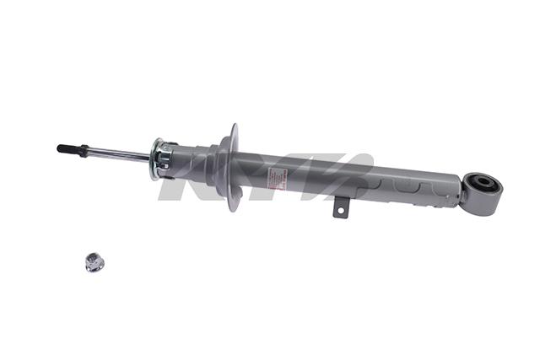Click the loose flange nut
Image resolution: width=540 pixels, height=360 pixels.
[x=93, y=263]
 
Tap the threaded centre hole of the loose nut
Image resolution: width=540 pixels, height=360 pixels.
[x=93, y=261]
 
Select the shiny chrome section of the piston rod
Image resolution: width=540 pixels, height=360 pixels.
[x=118, y=154]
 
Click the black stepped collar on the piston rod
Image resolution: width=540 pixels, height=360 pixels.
[x=84, y=151]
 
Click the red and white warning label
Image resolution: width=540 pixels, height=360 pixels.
[x=278, y=178]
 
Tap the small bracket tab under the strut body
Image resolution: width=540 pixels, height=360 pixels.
[x=340, y=207]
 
